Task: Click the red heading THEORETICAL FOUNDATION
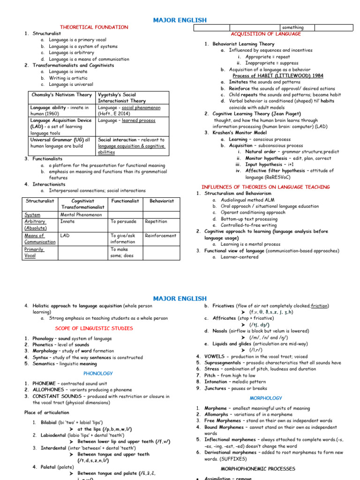pos(94,27)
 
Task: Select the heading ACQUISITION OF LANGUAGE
pos(266,34)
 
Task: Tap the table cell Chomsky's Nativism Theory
pos(61,95)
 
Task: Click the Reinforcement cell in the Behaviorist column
pos(160,236)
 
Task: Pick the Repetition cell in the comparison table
pos(156,222)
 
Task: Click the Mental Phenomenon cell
pos(81,215)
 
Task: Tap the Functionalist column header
pos(125,201)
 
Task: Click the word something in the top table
pos(292,28)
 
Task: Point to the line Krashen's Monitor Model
pos(243,133)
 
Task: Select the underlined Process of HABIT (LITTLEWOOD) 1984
pos(277,75)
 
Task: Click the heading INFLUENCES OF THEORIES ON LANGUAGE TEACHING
pos(265,187)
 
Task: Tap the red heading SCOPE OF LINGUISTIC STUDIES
pos(94,329)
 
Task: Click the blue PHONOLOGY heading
pos(98,374)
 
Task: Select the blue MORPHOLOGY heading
pos(266,398)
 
